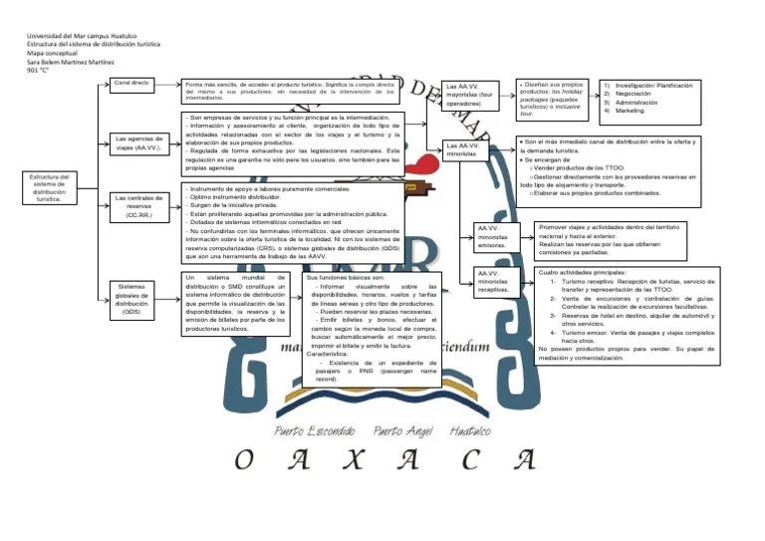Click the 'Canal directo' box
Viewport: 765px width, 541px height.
131,83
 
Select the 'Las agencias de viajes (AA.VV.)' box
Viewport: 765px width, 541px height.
138,142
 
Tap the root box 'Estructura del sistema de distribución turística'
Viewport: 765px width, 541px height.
49,188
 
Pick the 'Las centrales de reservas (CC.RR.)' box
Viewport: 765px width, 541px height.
138,206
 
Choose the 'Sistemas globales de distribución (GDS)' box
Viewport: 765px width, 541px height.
131,298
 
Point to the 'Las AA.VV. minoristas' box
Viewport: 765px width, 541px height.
467,150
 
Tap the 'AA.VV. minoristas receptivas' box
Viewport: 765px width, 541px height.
492,282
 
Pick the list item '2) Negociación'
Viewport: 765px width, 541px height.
633,95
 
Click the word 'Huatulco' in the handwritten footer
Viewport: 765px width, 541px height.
470,432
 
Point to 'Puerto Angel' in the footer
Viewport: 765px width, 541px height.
402,432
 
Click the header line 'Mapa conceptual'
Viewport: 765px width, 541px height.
50,54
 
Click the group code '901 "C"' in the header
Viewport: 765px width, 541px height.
38,71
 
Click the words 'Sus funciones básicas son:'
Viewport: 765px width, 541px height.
345,276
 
